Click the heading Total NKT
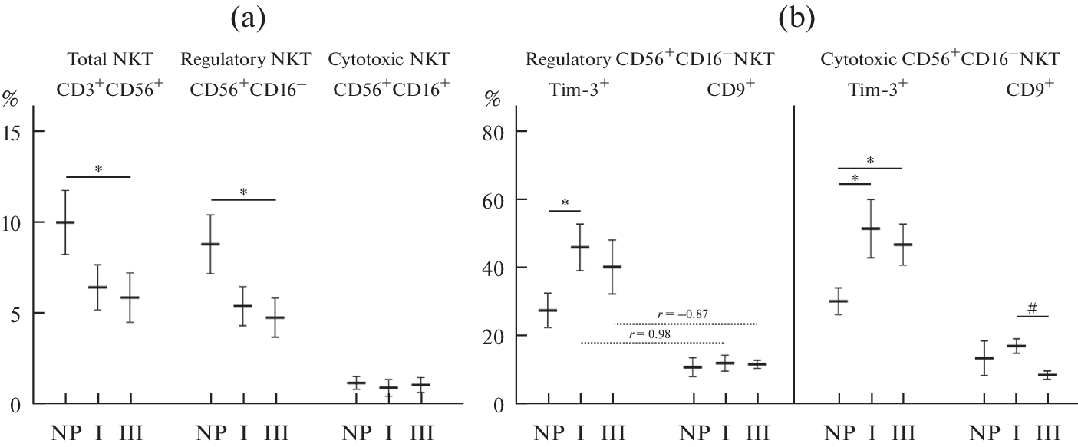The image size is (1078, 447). point(110,59)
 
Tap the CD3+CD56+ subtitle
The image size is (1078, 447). point(110,89)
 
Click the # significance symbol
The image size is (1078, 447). point(1032,308)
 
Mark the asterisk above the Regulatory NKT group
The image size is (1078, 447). point(242,192)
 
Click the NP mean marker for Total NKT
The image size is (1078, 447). point(65,222)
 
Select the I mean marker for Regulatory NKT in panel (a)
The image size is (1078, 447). point(242,306)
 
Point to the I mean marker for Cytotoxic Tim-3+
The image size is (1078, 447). point(871,228)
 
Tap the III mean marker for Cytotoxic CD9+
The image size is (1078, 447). point(1047,375)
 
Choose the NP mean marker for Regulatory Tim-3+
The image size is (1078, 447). point(548,311)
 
